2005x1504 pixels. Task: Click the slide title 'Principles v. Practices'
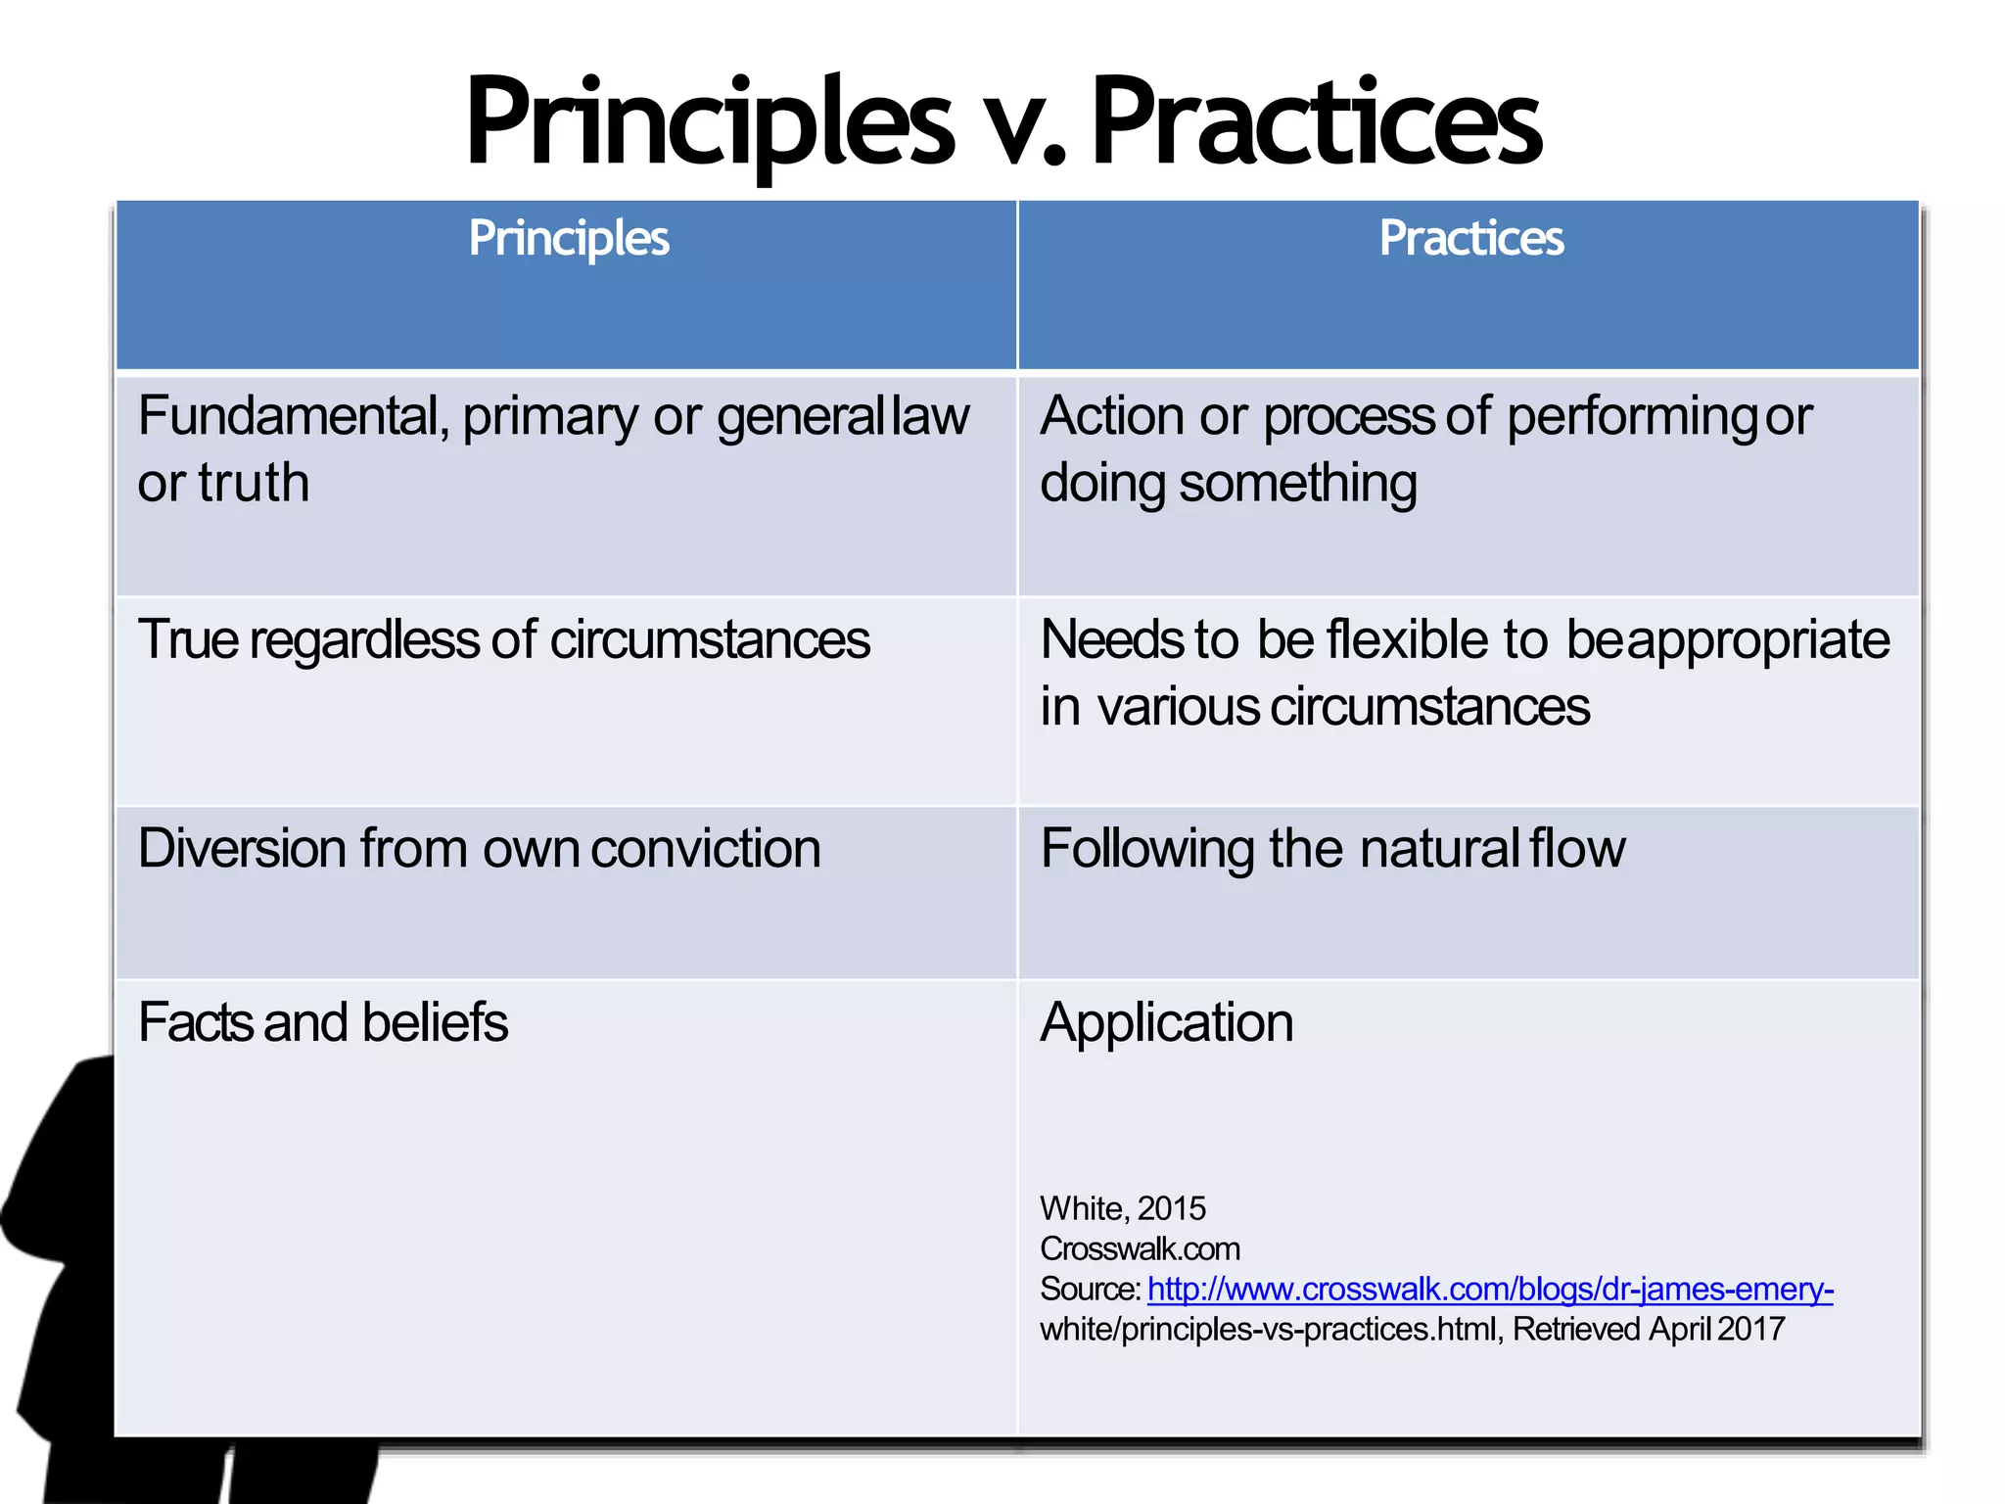coord(1002,122)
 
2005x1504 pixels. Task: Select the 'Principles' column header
coord(569,238)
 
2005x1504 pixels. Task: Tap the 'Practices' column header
coord(1471,238)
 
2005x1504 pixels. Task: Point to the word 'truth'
coord(255,483)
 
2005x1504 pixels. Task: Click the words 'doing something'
coord(1228,484)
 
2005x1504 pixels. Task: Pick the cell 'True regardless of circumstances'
coord(503,640)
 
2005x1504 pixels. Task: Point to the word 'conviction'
coord(706,848)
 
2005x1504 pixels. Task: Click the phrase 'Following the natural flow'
coord(1332,848)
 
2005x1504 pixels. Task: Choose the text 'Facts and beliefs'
coord(323,1022)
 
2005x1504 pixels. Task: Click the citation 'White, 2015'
coord(1123,1208)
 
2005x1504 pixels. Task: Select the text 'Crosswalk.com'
coord(1140,1248)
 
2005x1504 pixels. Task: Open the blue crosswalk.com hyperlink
coord(1489,1289)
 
